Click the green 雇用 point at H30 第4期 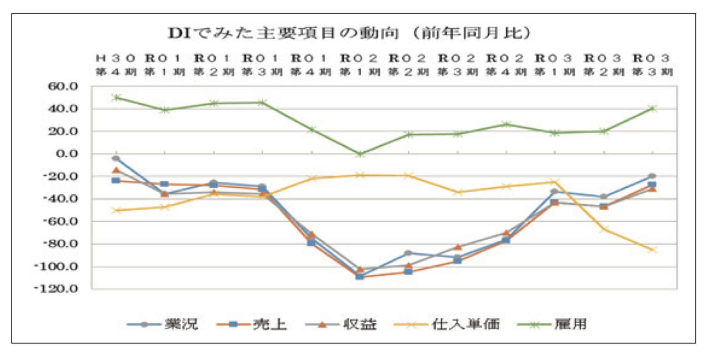(x=116, y=97)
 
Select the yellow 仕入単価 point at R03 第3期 (x=652, y=250)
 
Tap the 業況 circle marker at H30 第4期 (x=116, y=159)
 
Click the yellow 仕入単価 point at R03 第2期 (x=603, y=229)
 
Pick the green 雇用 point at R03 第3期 (x=652, y=108)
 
